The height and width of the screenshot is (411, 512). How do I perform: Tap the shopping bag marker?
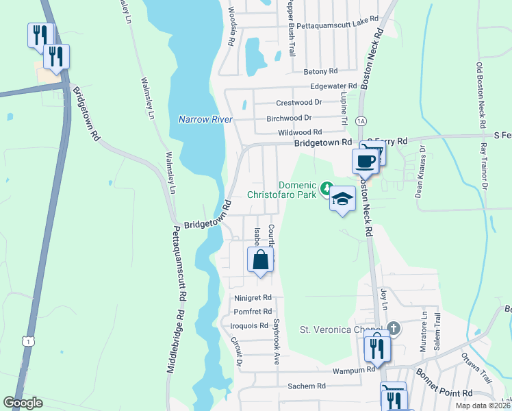pyautogui.click(x=260, y=260)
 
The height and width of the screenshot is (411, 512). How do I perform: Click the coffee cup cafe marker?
pyautogui.click(x=364, y=161)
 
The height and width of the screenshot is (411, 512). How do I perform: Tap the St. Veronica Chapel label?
pyautogui.click(x=340, y=329)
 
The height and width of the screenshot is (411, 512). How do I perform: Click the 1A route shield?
pyautogui.click(x=360, y=121)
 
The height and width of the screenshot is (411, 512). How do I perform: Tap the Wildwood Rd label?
pyautogui.click(x=300, y=132)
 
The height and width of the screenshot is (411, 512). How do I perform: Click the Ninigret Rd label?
pyautogui.click(x=253, y=299)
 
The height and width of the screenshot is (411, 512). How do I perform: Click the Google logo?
pyautogui.click(x=23, y=403)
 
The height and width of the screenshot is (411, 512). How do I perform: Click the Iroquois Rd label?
pyautogui.click(x=249, y=326)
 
